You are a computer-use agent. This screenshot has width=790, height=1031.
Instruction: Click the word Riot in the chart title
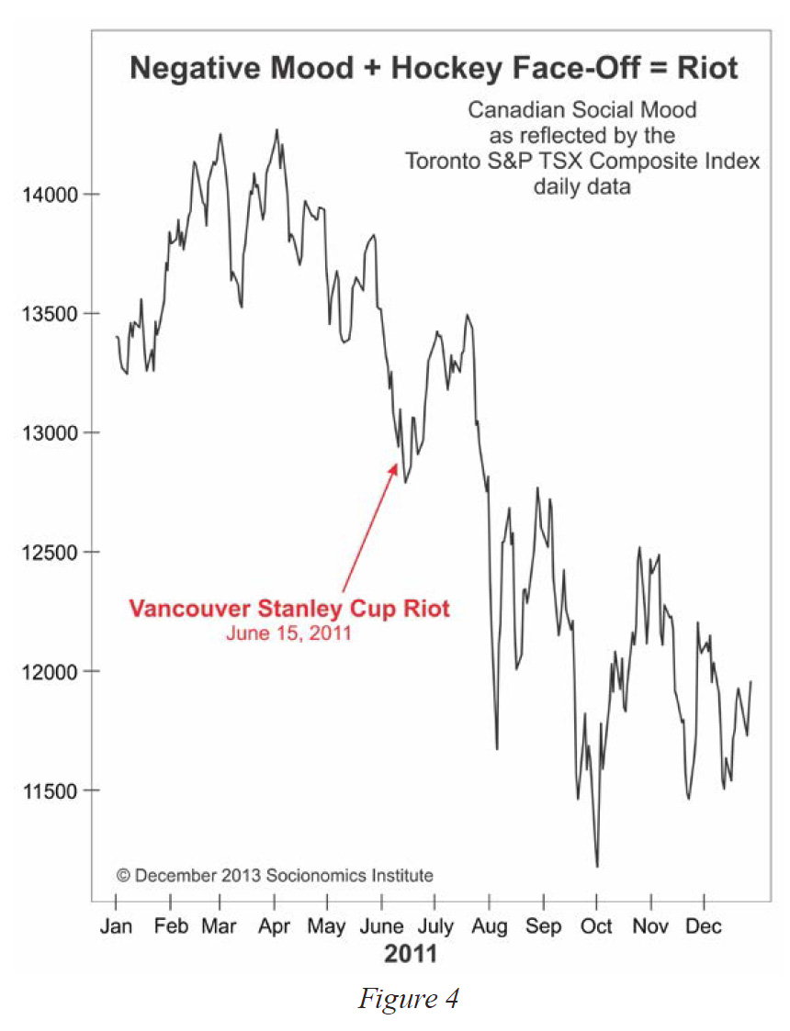click(x=707, y=68)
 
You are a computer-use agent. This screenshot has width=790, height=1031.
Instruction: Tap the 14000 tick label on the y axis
click(x=50, y=195)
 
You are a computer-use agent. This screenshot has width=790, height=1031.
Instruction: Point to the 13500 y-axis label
click(x=50, y=314)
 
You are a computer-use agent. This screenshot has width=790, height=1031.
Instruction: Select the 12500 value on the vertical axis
click(x=50, y=553)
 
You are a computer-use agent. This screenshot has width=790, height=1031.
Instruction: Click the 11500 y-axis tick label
click(x=50, y=791)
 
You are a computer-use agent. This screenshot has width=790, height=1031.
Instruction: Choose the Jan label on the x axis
click(x=116, y=926)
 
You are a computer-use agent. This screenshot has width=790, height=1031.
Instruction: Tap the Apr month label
click(x=275, y=927)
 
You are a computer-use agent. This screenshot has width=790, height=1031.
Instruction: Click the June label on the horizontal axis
click(x=381, y=926)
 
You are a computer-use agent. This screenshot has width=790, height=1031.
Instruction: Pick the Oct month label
click(x=596, y=926)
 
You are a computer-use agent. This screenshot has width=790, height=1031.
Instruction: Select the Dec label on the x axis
click(x=703, y=926)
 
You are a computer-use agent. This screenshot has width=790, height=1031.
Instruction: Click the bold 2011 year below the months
click(x=411, y=954)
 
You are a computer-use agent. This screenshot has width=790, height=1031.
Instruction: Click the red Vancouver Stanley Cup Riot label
click(x=289, y=609)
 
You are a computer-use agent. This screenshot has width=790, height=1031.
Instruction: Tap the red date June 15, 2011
click(x=288, y=633)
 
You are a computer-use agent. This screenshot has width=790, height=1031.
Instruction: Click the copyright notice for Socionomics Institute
click(x=275, y=876)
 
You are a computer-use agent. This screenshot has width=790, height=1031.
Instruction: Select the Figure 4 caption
click(x=408, y=999)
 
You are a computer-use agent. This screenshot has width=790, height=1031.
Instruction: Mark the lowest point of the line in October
click(x=597, y=867)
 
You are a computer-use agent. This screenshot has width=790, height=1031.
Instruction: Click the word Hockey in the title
click(x=447, y=69)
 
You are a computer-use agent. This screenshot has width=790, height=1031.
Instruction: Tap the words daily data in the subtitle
click(x=582, y=186)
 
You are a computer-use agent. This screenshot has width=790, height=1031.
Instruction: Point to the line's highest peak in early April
click(x=276, y=129)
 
